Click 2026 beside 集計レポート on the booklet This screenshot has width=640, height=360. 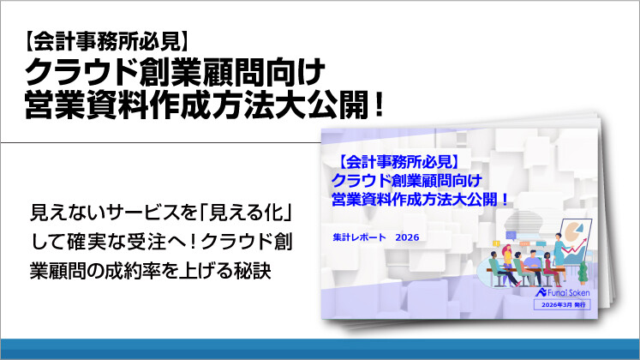pyautogui.click(x=409, y=237)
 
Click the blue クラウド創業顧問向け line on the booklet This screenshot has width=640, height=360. pyautogui.click(x=404, y=178)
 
